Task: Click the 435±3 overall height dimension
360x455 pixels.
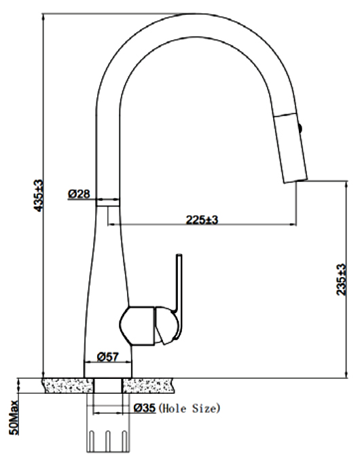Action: pos(39,196)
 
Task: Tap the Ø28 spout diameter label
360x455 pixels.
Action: pos(79,194)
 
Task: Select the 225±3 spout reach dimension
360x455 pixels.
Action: pos(202,219)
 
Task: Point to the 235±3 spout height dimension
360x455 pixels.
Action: pos(342,279)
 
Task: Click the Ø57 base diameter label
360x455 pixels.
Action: pos(108,357)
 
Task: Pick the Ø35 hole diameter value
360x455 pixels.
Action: pos(145,408)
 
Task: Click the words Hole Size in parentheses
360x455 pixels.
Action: pos(190,409)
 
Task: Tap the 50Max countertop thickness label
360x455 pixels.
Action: pos(14,418)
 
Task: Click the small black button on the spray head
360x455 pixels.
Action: pos(300,128)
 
